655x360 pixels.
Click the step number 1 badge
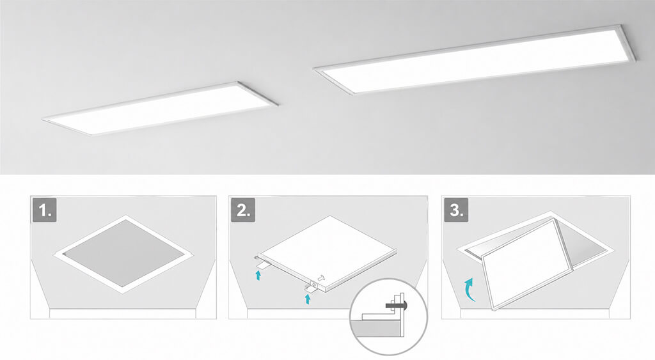point(44,210)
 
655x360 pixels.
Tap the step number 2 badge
point(243,210)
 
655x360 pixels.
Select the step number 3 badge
point(456,210)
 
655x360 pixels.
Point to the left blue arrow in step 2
point(258,275)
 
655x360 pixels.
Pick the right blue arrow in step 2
point(308,298)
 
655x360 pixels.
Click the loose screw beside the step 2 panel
point(321,277)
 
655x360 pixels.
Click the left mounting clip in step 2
point(262,262)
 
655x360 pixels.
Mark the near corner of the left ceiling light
point(92,136)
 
